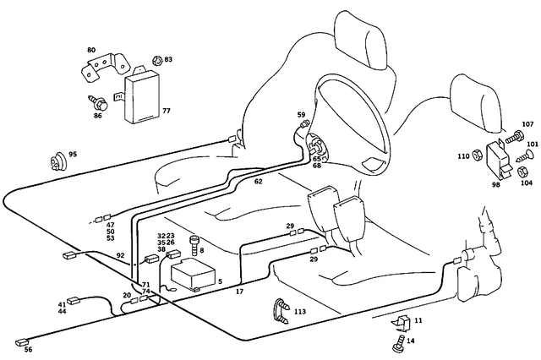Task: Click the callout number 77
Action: tap(166, 111)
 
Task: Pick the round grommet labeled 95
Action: tap(58, 157)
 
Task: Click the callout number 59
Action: tap(301, 115)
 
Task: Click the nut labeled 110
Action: tap(477, 155)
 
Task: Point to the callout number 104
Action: tap(526, 183)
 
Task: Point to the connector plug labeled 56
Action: tap(23, 342)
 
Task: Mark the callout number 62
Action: tap(258, 182)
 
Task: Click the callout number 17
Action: tap(239, 291)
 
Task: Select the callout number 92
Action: tap(120, 255)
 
